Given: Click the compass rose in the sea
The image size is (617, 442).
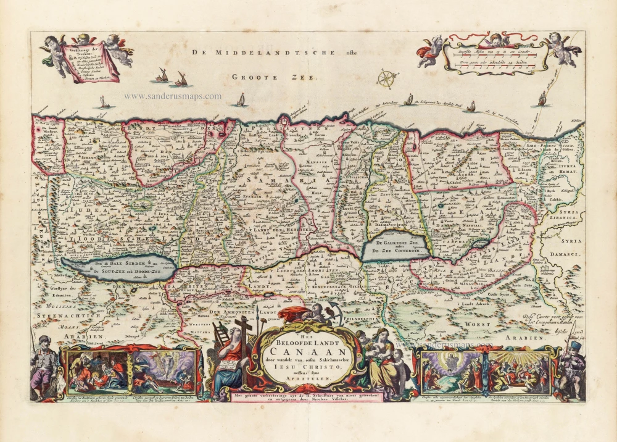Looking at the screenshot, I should click(386, 79).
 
